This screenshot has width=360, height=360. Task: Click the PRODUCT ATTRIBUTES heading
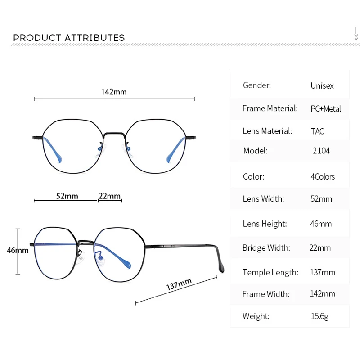tap(69, 38)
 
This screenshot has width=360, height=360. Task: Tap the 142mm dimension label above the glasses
tap(114, 92)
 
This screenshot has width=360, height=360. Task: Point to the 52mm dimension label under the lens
tap(67, 196)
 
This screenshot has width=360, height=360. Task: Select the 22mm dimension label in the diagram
tap(110, 196)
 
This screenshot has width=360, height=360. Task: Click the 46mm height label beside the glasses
tap(18, 251)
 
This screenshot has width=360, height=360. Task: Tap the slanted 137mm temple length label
tap(179, 284)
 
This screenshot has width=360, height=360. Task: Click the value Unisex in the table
tap(322, 85)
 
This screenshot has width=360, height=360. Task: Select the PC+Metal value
tap(325, 108)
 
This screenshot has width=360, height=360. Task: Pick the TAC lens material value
tap(317, 131)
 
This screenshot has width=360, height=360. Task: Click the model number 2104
tap(321, 151)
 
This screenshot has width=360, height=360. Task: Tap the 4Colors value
tap(323, 176)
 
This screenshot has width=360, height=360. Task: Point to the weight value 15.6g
tap(319, 316)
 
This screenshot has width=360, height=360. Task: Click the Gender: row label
tap(257, 85)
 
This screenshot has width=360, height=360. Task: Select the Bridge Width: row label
tap(266, 247)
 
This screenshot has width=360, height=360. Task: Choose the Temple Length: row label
tap(270, 272)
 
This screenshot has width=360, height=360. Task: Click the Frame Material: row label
tap(270, 108)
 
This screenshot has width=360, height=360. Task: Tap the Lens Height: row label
tap(265, 224)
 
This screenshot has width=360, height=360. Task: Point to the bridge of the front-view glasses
tap(114, 134)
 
